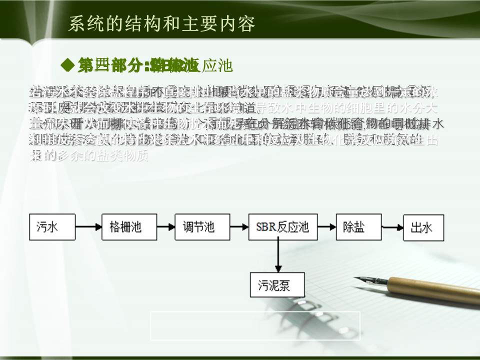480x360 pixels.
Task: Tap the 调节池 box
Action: point(198,227)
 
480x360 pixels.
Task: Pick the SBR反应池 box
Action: point(279,227)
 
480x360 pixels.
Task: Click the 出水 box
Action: point(421,227)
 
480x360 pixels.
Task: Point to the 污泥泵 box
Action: point(274,286)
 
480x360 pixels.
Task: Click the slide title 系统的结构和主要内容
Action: point(161,23)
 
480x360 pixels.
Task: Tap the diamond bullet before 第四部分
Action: point(67,64)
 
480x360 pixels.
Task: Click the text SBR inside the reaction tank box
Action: point(266,227)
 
